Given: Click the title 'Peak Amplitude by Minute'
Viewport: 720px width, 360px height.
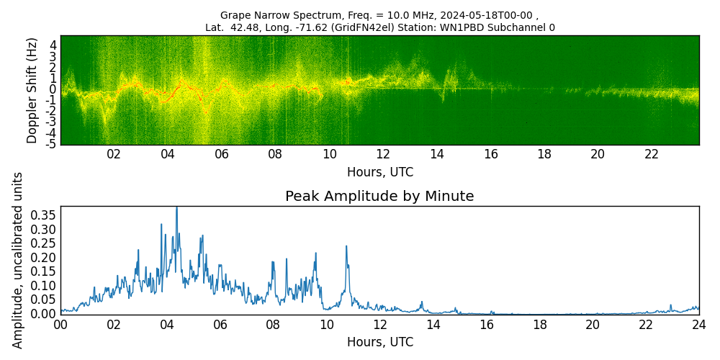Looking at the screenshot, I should pos(379,197).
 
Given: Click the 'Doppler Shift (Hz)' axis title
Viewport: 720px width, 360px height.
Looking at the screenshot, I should pos(32,90).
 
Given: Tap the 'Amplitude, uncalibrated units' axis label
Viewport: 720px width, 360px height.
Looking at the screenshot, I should pos(18,260).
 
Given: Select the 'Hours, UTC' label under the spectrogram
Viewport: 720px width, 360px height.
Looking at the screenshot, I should pos(379,172).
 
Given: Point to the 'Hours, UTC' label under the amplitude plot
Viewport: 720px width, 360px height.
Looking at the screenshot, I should pos(379,342).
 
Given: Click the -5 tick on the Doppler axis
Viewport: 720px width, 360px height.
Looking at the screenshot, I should pos(52,145).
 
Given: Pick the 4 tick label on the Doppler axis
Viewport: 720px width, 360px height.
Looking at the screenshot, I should pos(53,45).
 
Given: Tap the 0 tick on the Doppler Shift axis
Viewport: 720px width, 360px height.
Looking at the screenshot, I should pos(53,89).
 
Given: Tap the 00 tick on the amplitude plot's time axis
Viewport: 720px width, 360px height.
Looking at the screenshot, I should pos(60,325).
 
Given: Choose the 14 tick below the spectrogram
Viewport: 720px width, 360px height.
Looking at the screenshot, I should pos(437,155).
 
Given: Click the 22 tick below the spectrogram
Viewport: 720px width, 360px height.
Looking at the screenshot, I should pos(652,155).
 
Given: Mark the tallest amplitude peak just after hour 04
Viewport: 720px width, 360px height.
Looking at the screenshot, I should pos(176,208).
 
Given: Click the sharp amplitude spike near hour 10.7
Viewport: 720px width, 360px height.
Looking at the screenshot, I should pos(346,246).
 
